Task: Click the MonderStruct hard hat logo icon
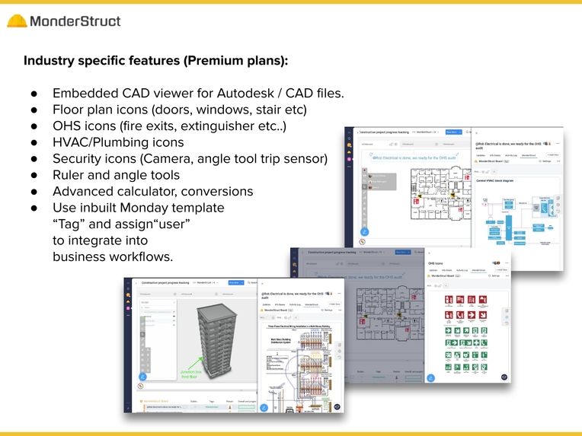tap(17, 21)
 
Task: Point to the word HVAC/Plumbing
tap(118, 142)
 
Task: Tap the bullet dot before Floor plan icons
tap(35, 110)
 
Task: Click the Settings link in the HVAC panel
tap(545, 161)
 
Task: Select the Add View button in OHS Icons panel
tap(502, 269)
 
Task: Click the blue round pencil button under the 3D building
tap(142, 377)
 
